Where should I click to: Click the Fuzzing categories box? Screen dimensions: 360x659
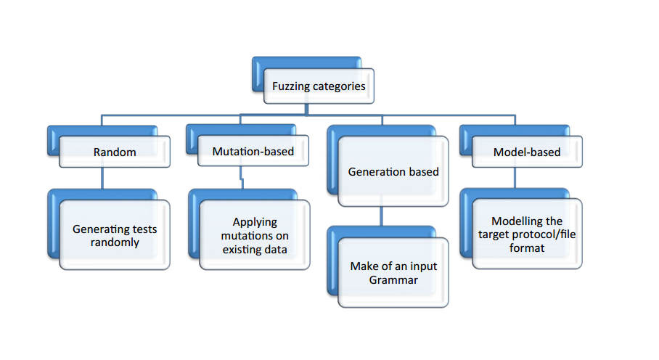319,86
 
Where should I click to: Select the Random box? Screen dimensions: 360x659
115,152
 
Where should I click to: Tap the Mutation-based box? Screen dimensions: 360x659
253,152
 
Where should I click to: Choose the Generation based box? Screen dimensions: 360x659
393,173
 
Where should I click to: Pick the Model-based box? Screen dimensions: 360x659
526,152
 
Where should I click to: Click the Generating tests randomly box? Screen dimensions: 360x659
115,235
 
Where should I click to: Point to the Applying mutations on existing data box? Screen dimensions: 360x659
255,235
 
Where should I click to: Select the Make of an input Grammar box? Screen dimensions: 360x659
393,273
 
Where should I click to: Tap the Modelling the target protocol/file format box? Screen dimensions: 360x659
527,234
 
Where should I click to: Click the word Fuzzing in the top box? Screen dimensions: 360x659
292,86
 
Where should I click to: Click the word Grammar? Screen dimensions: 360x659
393,279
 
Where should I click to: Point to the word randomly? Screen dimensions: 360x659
115,242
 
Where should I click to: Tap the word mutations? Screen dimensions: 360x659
255,236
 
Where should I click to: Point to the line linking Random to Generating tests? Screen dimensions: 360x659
102,179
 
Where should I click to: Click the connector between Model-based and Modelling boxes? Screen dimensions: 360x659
515,179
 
